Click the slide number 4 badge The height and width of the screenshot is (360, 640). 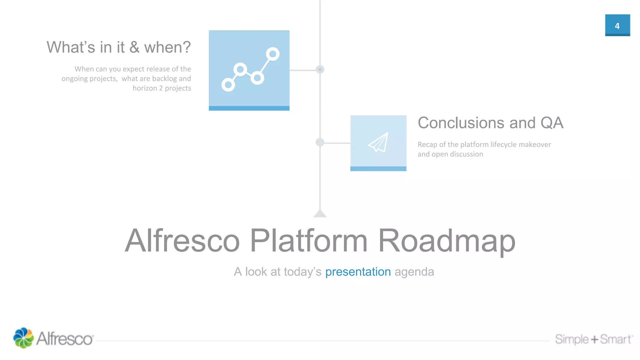pos(617,25)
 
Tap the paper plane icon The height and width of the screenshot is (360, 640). pos(378,142)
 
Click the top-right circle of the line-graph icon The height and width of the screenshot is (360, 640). pos(272,54)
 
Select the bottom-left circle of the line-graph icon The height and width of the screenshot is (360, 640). pos(228,85)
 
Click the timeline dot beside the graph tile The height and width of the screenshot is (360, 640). pos(320,69)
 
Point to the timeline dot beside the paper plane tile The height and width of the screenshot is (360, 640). pos(320,142)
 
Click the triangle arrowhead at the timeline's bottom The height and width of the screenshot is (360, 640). pos(320,214)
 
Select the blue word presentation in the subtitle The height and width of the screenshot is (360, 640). pos(358,272)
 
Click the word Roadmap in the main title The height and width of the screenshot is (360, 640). pos(447,241)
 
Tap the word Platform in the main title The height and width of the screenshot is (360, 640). pos(308,241)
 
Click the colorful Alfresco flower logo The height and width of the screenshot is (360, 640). pos(23,338)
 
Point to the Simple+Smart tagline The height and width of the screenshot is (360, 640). pos(593,339)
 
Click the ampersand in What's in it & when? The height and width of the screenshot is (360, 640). pos(134,47)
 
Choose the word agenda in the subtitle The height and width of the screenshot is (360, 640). pos(414,272)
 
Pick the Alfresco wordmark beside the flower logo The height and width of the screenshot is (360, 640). pos(65,339)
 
